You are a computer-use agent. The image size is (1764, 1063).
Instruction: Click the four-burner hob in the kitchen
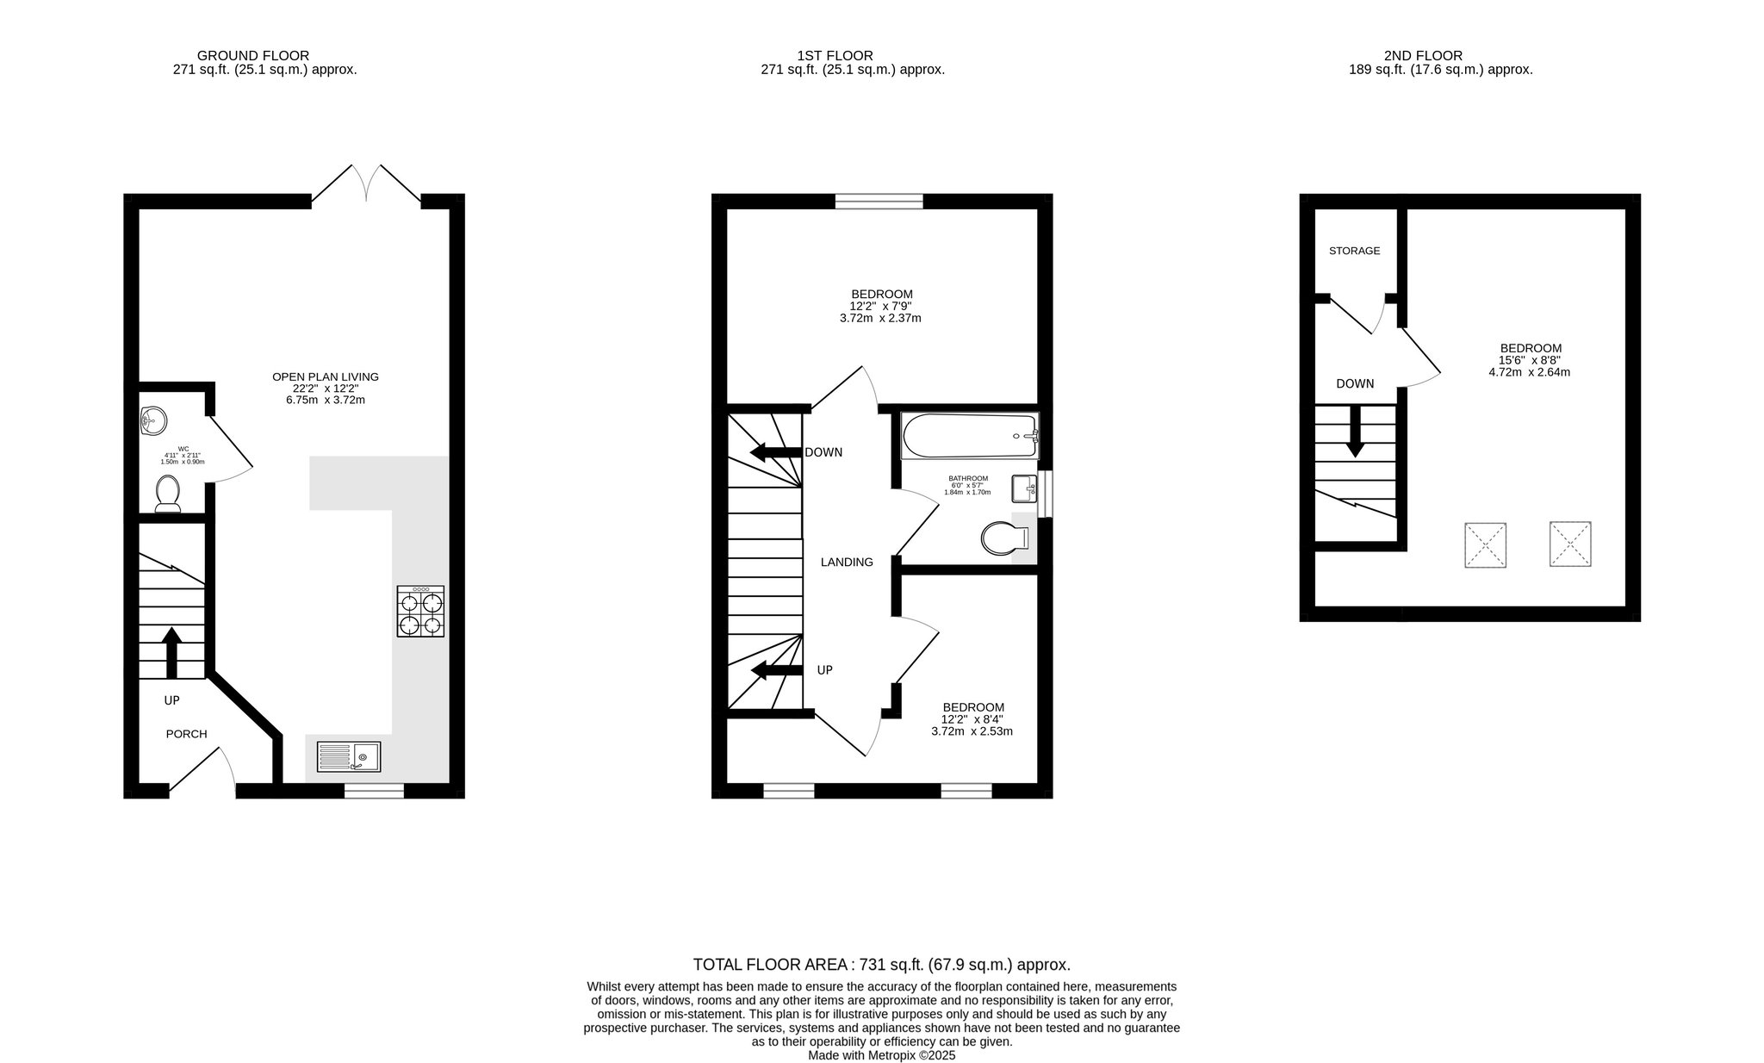coord(420,611)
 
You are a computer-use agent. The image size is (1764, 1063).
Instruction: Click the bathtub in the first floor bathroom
coord(970,436)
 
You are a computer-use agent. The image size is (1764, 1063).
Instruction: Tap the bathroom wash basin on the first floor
coord(1024,489)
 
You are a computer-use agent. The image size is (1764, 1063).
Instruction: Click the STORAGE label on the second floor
coord(1355,251)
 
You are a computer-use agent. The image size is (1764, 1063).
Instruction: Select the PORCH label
coord(187,734)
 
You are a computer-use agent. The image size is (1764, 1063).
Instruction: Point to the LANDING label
coord(847,562)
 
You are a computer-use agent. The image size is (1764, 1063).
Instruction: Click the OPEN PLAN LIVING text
coord(326,376)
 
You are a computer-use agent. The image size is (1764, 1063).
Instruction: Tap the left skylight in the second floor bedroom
coord(1486,545)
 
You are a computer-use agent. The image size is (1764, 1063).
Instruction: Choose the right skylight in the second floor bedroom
coord(1570,544)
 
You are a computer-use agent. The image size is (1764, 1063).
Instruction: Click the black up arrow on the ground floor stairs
coord(171,653)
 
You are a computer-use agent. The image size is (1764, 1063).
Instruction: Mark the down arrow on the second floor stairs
coord(1355,431)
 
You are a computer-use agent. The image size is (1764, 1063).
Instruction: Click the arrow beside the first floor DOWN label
coord(775,452)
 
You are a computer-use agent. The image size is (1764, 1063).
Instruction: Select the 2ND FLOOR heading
coord(1430,56)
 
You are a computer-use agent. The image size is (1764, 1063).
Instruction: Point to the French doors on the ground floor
coord(366,183)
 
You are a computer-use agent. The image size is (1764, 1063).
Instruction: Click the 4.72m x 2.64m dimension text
coord(1530,372)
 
